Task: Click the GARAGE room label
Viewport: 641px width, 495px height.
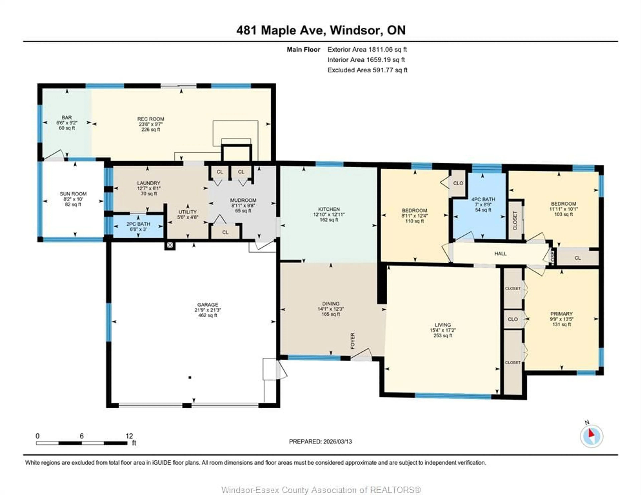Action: pyautogui.click(x=207, y=305)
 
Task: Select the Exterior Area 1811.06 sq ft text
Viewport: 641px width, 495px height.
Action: pyautogui.click(x=367, y=50)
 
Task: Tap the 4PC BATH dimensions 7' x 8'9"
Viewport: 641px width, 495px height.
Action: pyautogui.click(x=483, y=205)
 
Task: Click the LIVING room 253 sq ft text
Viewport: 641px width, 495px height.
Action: pyautogui.click(x=443, y=335)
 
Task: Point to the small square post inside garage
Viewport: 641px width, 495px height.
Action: pyautogui.click(x=190, y=377)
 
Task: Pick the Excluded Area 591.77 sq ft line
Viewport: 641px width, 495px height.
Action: pyautogui.click(x=367, y=70)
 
